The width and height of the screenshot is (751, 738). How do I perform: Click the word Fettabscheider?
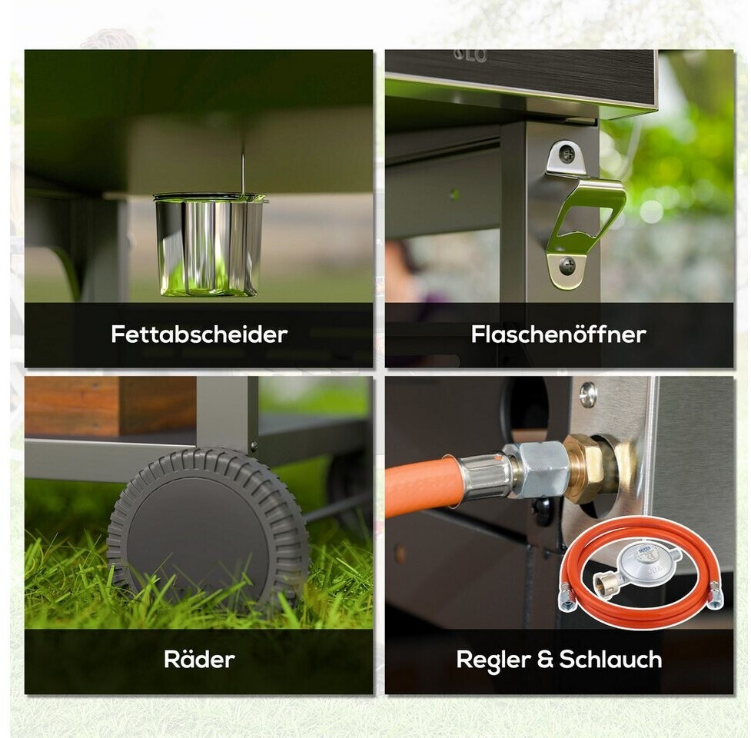[x=199, y=334]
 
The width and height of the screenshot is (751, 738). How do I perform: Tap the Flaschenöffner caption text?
[x=559, y=334]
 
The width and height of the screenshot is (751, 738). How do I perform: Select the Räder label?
[x=199, y=659]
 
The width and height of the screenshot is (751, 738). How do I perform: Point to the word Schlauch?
[x=610, y=659]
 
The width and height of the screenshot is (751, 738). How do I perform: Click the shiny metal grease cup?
[x=209, y=244]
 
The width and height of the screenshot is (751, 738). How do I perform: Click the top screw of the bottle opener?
[x=568, y=155]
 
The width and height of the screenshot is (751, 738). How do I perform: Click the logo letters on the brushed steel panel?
[x=470, y=55]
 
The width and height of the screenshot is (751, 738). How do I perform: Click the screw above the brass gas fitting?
[x=588, y=394]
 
